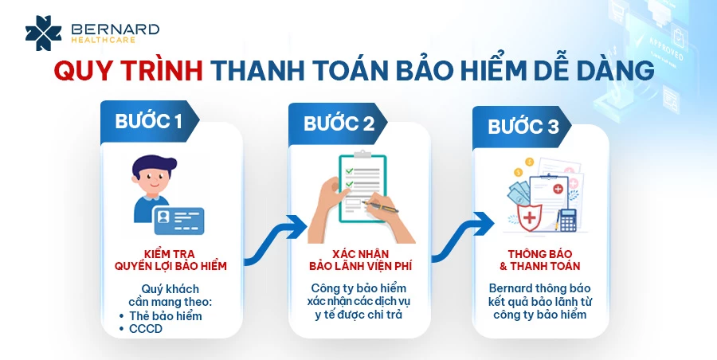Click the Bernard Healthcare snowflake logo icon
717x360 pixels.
click(x=43, y=33)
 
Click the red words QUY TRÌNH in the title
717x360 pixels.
click(x=128, y=72)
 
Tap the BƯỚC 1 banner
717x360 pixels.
click(x=150, y=121)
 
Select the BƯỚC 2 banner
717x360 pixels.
click(x=338, y=123)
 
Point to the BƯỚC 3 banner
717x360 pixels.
click(x=522, y=127)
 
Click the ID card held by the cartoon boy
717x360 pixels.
click(x=178, y=221)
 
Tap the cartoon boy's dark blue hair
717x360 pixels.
click(x=154, y=165)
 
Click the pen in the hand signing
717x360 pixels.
click(x=380, y=206)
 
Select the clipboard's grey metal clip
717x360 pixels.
click(x=362, y=155)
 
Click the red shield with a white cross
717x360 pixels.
click(x=530, y=217)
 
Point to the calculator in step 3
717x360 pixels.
click(x=568, y=220)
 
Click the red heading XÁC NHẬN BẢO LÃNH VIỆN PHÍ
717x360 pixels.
click(x=361, y=260)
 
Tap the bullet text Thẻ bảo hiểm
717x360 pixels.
click(x=166, y=316)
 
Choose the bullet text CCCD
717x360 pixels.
click(x=146, y=329)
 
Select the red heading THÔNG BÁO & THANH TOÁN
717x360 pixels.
click(x=540, y=260)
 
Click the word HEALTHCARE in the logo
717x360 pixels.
click(x=104, y=41)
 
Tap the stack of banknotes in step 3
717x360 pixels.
click(x=519, y=193)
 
